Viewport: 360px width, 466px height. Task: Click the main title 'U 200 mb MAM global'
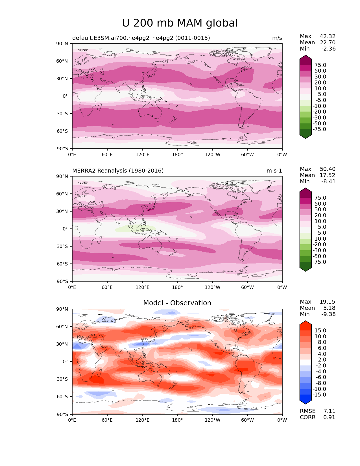pyautogui.click(x=180, y=23)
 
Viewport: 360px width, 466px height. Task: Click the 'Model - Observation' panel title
pyautogui.click(x=177, y=303)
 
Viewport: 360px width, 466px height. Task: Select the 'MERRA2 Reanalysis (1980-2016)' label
pyautogui.click(x=118, y=171)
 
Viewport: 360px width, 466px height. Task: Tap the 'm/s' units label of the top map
pyautogui.click(x=277, y=38)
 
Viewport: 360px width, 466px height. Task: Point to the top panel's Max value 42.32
pyautogui.click(x=328, y=36)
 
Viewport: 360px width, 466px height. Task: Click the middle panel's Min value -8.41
pyautogui.click(x=328, y=182)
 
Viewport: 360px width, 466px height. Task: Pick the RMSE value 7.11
pyautogui.click(x=329, y=411)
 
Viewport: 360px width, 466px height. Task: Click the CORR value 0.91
pyautogui.click(x=329, y=417)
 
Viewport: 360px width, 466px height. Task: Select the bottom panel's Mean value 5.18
pyautogui.click(x=329, y=308)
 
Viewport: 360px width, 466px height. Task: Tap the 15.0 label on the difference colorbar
pyautogui.click(x=320, y=331)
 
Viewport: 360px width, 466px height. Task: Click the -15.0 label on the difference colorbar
pyautogui.click(x=319, y=395)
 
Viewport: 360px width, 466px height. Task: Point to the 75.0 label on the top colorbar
pyautogui.click(x=320, y=65)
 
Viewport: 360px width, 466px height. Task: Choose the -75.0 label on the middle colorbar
pyautogui.click(x=319, y=262)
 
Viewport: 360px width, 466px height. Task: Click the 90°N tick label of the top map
pyautogui.click(x=62, y=44)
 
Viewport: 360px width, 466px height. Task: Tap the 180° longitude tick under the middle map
pyautogui.click(x=177, y=288)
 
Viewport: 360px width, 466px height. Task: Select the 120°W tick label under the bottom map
pyautogui.click(x=213, y=420)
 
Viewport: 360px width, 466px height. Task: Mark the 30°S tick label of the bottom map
pyautogui.click(x=62, y=379)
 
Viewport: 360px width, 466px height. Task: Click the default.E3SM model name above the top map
pyautogui.click(x=141, y=38)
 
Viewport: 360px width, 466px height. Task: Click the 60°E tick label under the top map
pyautogui.click(x=107, y=155)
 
